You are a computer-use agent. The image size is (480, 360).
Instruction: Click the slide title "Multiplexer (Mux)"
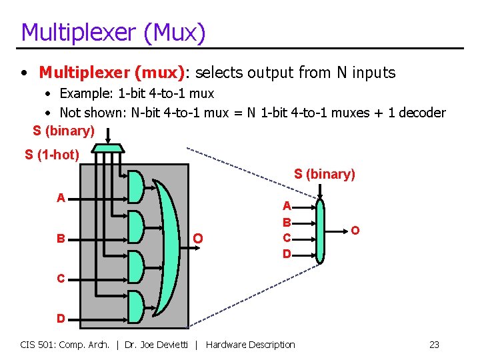(x=113, y=32)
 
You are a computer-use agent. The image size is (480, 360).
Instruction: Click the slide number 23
(x=434, y=345)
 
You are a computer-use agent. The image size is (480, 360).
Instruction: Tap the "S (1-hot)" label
(x=52, y=155)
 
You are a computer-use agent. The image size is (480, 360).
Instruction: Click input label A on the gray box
(x=61, y=198)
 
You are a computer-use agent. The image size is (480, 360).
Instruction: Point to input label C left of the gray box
(x=61, y=279)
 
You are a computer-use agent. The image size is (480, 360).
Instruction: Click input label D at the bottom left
(x=61, y=319)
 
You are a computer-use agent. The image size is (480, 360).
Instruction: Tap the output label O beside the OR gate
(x=197, y=238)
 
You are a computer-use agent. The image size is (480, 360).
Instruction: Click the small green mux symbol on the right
(x=321, y=231)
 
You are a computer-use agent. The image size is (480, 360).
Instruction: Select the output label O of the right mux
(x=355, y=231)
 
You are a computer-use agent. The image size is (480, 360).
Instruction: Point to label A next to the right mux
(x=286, y=207)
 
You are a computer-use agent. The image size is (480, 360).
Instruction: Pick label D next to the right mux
(x=286, y=254)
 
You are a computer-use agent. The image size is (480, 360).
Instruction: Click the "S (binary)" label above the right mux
(x=325, y=175)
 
